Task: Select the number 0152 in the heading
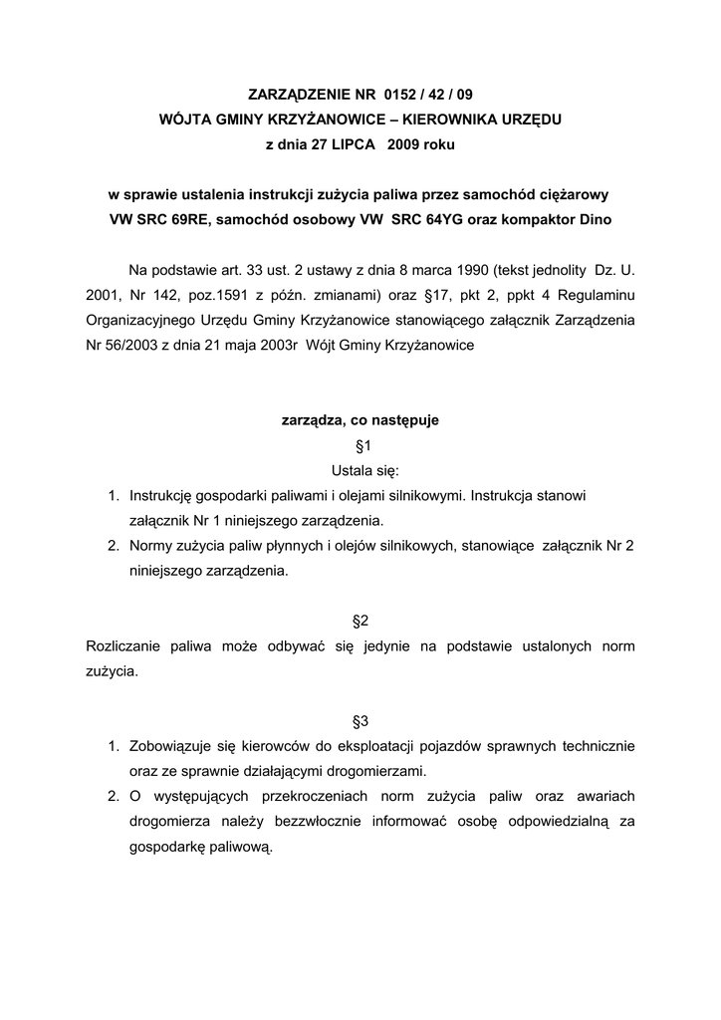[402, 96]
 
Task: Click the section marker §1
[361, 445]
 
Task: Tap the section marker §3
[361, 720]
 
